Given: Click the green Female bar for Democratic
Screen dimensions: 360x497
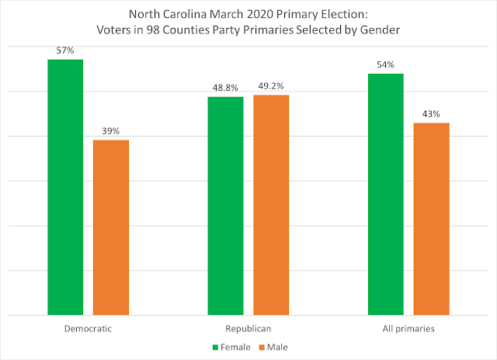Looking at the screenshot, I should [x=65, y=188].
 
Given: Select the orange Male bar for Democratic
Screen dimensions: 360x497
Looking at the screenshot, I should [x=110, y=228].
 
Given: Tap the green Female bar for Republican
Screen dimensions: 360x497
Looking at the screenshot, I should [x=225, y=206].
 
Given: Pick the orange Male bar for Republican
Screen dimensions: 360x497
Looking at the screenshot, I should [x=270, y=206].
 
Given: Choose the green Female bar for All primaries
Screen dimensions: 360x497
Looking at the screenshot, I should [x=386, y=195].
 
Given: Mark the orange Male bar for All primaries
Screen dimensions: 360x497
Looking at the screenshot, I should [x=431, y=220].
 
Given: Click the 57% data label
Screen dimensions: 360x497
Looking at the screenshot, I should [x=65, y=50].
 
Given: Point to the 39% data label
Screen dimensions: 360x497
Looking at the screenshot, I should [x=110, y=131].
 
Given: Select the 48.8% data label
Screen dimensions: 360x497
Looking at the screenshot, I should [x=225, y=88].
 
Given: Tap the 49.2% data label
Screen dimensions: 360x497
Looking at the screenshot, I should [x=270, y=87].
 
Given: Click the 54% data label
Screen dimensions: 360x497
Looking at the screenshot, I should [x=386, y=65].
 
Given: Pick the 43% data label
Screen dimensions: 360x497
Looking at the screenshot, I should [x=431, y=114].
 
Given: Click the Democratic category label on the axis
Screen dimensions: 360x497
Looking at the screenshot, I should [x=88, y=328].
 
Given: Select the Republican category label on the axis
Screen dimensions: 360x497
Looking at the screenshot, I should [x=248, y=328].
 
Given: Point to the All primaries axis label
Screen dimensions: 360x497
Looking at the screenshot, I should [x=408, y=328].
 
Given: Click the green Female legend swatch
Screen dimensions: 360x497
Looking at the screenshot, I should [x=214, y=346].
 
